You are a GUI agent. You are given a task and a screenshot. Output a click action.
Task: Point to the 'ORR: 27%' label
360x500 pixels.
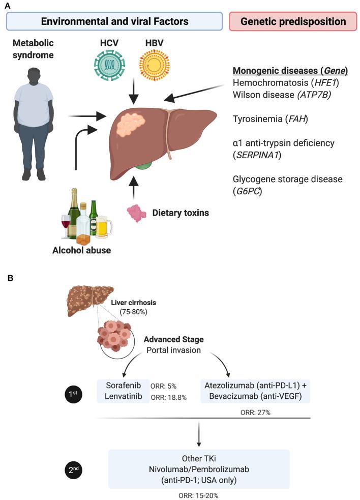tap(256, 412)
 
